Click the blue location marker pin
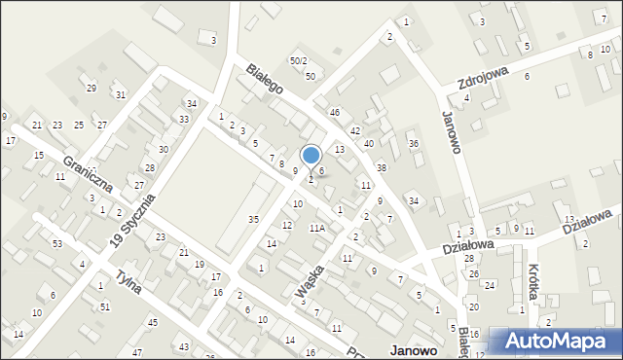point(311,157)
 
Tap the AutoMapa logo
point(557,342)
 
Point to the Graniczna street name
point(88,173)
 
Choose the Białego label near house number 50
point(264,78)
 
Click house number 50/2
point(300,61)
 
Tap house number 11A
point(316,228)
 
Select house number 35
point(253,219)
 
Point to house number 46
point(334,113)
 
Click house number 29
point(92,89)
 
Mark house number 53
point(57,242)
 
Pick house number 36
point(413,144)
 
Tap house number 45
point(152,322)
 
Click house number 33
point(184,119)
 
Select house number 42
point(355,130)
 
